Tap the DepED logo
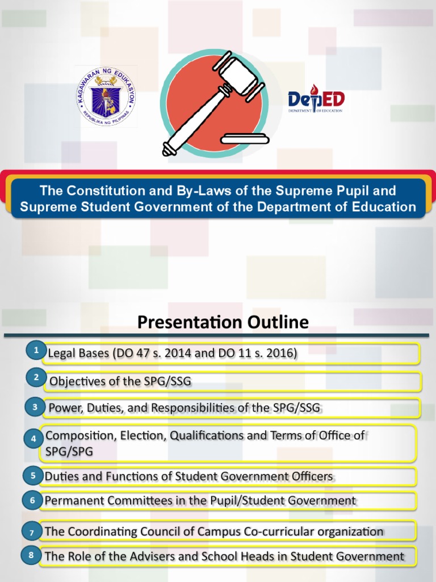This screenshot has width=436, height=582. tap(316, 102)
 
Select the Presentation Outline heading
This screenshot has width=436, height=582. tap(223, 323)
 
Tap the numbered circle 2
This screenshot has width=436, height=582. tap(36, 377)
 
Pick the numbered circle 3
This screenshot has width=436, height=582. tap(35, 407)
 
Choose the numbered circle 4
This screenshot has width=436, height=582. tap(33, 439)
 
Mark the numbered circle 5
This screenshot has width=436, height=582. tap(33, 475)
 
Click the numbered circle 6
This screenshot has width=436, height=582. tap(32, 500)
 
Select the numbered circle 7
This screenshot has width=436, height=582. tap(32, 532)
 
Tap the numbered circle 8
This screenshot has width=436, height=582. tap(31, 555)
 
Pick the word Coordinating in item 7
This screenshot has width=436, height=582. tap(103, 532)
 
